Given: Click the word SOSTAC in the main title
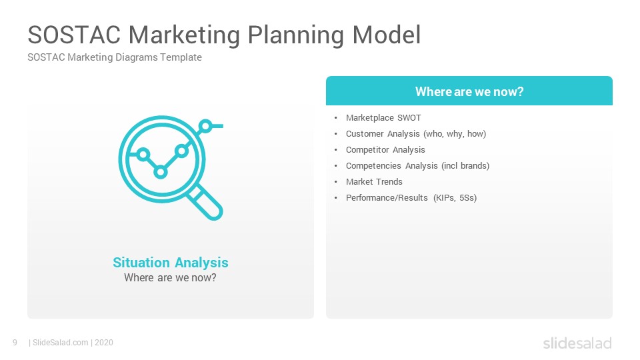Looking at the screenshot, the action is pyautogui.click(x=74, y=35).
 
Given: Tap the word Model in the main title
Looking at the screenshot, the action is pyautogui.click(x=386, y=35).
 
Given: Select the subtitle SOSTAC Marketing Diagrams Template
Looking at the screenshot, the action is pyautogui.click(x=115, y=57).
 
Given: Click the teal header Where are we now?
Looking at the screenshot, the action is pyautogui.click(x=469, y=91).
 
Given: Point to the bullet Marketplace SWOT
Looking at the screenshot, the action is pyautogui.click(x=383, y=118).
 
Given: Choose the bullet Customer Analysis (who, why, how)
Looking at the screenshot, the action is pyautogui.click(x=416, y=134).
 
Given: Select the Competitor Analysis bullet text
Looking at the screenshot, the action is pyautogui.click(x=385, y=150).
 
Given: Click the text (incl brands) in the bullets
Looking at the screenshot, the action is pyautogui.click(x=465, y=166).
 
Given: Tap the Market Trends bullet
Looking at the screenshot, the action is pyautogui.click(x=374, y=181).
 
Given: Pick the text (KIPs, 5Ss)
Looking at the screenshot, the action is pyautogui.click(x=455, y=197).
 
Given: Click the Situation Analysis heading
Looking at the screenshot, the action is pyautogui.click(x=171, y=263).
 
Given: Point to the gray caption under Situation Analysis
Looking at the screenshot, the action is pyautogui.click(x=170, y=278).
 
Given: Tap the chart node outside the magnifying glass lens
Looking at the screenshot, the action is pyautogui.click(x=206, y=126).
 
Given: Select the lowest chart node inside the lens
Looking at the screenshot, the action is pyautogui.click(x=161, y=172).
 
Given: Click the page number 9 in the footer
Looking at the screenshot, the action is pyautogui.click(x=15, y=343).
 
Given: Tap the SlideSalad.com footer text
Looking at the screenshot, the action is pyautogui.click(x=61, y=343).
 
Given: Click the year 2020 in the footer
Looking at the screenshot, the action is pyautogui.click(x=104, y=343).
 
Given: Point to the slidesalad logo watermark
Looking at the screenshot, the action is pyautogui.click(x=577, y=343).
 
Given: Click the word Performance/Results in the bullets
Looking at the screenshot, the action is pyautogui.click(x=387, y=197).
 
